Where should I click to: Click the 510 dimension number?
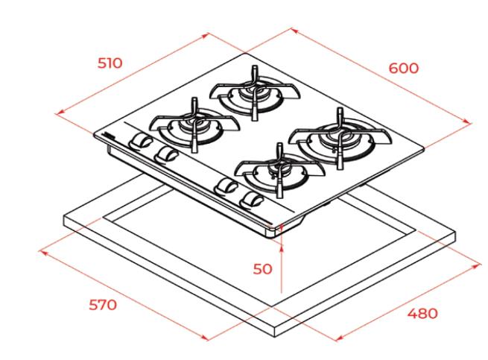coord(110,63)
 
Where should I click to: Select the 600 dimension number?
coord(404,69)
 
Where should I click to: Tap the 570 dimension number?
coord(103,305)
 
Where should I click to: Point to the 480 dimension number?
coord(422,313)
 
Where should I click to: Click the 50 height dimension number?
coord(262,269)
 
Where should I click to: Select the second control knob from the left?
coord(166,154)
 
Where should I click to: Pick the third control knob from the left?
coord(226,186)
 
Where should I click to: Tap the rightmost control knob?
coord(252,199)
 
